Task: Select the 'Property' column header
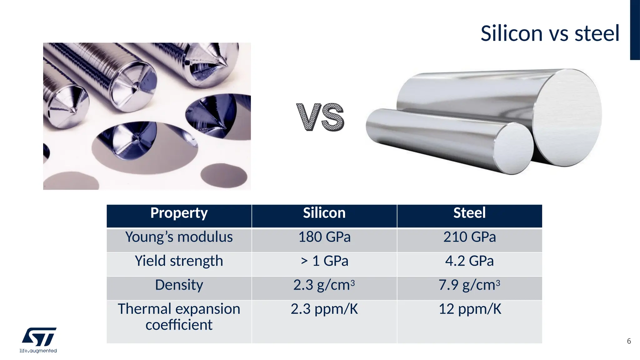click(x=179, y=213)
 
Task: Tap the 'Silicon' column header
click(x=324, y=213)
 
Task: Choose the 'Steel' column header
click(x=469, y=213)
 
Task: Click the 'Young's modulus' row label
click(x=179, y=237)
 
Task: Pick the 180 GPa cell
click(x=324, y=237)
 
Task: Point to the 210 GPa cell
click(x=469, y=237)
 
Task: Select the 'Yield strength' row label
click(x=179, y=261)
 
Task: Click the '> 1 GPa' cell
click(x=324, y=261)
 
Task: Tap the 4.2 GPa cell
click(x=469, y=261)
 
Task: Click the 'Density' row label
click(x=179, y=285)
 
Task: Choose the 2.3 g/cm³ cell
click(x=324, y=285)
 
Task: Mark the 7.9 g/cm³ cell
click(x=469, y=285)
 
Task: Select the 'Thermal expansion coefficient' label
click(x=179, y=317)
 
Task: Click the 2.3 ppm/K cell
click(x=324, y=309)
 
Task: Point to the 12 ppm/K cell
click(x=469, y=309)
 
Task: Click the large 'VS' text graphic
click(x=320, y=117)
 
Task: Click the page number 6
click(x=629, y=341)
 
